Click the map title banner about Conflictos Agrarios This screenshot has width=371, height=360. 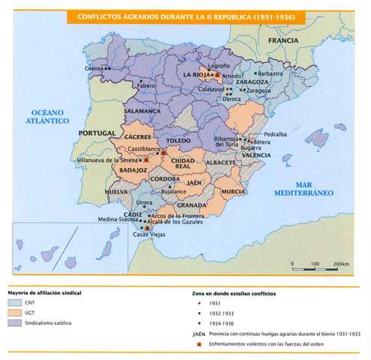pos(185,16)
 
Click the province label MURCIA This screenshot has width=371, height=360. pos(233,191)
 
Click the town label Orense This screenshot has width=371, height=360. pos(94,68)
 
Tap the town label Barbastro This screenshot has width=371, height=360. pos(269,74)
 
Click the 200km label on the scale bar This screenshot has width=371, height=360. pos(341,265)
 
